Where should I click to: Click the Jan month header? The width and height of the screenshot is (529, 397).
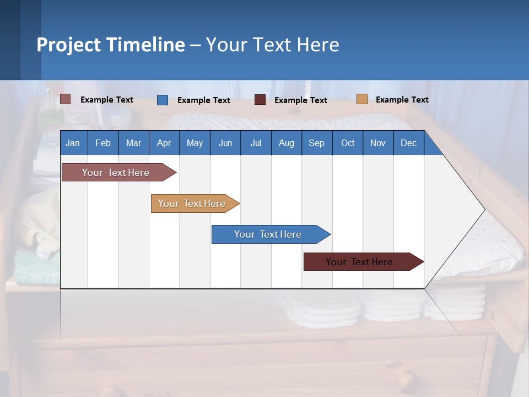click(x=73, y=143)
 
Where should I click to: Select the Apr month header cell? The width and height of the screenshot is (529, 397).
click(x=164, y=143)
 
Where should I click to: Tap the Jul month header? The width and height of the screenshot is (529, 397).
click(x=256, y=143)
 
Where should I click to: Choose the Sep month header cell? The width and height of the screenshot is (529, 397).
click(x=316, y=143)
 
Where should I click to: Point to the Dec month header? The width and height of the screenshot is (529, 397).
click(x=408, y=143)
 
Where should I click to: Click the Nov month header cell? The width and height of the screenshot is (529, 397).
click(x=377, y=143)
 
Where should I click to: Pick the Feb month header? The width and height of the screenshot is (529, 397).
click(x=103, y=143)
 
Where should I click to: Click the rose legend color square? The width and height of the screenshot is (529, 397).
click(x=66, y=99)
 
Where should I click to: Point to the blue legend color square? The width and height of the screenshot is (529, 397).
click(x=163, y=100)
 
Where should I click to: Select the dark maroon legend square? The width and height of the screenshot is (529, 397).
click(x=260, y=100)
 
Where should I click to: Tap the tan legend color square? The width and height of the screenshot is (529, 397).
click(x=361, y=99)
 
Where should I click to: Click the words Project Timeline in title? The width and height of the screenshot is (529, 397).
click(x=111, y=45)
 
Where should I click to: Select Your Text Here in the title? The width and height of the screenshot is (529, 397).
click(x=272, y=45)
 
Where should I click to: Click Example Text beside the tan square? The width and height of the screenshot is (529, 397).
click(x=402, y=100)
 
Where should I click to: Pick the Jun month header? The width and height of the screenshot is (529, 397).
click(x=225, y=143)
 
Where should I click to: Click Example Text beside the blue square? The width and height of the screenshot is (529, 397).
click(x=203, y=100)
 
